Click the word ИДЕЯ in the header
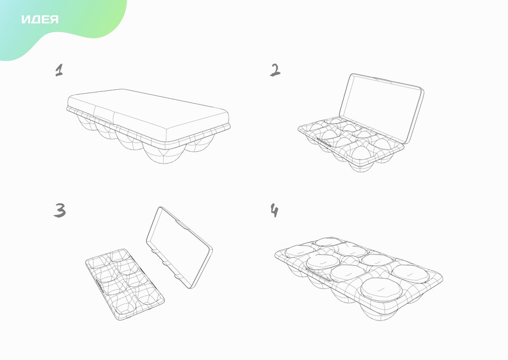click(40, 19)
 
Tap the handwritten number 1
click(59, 70)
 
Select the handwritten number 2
click(275, 70)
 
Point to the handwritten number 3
click(60, 210)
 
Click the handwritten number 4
click(274, 210)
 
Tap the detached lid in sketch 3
click(179, 247)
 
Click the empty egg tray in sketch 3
click(125, 284)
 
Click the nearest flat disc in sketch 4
click(382, 288)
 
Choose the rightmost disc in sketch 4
click(410, 274)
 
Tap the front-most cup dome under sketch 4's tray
click(380, 311)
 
